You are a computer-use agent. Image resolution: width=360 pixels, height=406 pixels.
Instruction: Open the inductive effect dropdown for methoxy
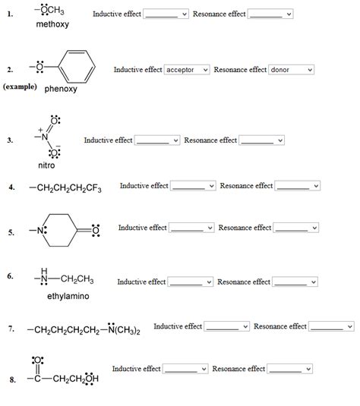(x=166, y=14)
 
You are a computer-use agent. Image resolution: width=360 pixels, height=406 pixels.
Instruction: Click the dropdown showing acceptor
(x=187, y=70)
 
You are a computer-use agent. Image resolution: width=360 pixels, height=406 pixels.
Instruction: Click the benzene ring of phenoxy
(x=79, y=70)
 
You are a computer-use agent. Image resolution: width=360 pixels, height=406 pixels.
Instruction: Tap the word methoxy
(x=52, y=25)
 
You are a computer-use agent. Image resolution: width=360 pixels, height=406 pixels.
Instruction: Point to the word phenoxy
(x=62, y=88)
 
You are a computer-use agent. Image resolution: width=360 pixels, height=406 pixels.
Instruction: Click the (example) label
(x=21, y=87)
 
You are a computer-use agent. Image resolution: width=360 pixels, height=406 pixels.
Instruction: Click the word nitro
(x=46, y=165)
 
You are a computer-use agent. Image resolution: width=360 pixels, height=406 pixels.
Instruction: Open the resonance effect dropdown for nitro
(x=261, y=140)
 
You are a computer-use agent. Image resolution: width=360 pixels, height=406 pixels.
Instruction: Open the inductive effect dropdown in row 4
(x=193, y=186)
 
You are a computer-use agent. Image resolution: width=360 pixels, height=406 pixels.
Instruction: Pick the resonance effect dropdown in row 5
(x=296, y=228)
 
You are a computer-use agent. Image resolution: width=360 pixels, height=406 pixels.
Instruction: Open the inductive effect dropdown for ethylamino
(x=190, y=282)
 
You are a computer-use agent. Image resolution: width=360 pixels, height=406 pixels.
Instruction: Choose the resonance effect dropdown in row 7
(x=332, y=327)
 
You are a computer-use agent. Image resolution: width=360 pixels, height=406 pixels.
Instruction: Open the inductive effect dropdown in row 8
(x=185, y=370)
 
